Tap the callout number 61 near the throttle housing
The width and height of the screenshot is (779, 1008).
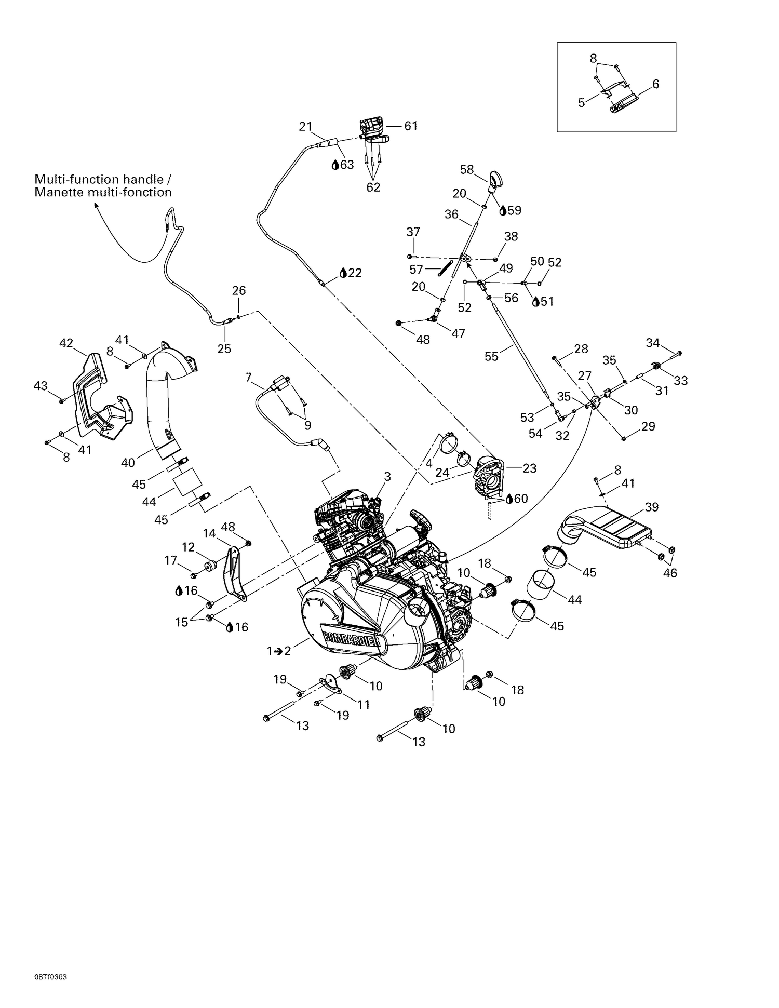[x=411, y=126]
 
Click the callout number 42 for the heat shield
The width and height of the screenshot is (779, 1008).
[x=66, y=343]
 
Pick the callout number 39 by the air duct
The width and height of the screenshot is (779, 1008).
[x=652, y=507]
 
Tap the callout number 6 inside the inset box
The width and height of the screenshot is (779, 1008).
[x=655, y=84]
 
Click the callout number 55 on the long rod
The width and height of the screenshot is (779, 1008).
[x=491, y=356]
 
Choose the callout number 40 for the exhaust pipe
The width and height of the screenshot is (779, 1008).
[x=128, y=462]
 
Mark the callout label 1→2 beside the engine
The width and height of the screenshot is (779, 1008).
[x=279, y=651]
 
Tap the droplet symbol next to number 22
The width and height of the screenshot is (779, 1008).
[x=343, y=273]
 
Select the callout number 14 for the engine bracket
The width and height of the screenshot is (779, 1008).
[x=209, y=533]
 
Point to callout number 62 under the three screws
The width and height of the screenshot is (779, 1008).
[x=373, y=187]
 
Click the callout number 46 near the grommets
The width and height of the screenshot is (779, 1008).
[x=670, y=573]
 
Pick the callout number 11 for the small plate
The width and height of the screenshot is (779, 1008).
[x=364, y=704]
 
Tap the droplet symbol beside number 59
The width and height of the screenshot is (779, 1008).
[x=503, y=210]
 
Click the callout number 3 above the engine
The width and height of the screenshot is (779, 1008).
[x=387, y=476]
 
